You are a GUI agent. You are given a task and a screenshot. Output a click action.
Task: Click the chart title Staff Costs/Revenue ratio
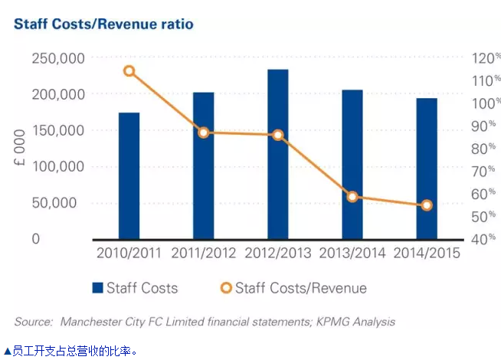pos(103,24)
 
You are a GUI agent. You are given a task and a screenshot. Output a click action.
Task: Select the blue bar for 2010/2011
pos(129,176)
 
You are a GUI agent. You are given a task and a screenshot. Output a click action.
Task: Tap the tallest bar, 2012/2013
pos(278,154)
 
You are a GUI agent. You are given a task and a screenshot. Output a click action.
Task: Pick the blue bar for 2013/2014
pos(352,165)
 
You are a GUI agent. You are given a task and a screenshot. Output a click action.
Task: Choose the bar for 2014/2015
pos(427,169)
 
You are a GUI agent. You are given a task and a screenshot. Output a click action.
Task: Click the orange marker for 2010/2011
pos(129,71)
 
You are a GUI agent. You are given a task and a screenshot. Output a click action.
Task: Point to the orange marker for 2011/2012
pos(204,133)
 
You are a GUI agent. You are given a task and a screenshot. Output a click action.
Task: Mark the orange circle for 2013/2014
pos(352,197)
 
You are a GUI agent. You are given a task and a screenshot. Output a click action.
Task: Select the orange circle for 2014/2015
pos(427,205)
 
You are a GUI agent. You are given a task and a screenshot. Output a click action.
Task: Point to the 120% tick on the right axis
pos(485,59)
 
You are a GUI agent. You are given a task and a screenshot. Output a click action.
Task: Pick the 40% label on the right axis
pos(483,240)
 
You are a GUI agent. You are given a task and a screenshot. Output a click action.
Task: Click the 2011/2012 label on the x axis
pos(204,254)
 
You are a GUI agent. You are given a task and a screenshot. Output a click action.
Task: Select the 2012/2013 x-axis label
pos(278,254)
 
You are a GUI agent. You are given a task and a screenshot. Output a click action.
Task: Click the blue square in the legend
pos(97,289)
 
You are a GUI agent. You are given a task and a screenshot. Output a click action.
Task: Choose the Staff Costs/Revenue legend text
pos(300,289)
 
